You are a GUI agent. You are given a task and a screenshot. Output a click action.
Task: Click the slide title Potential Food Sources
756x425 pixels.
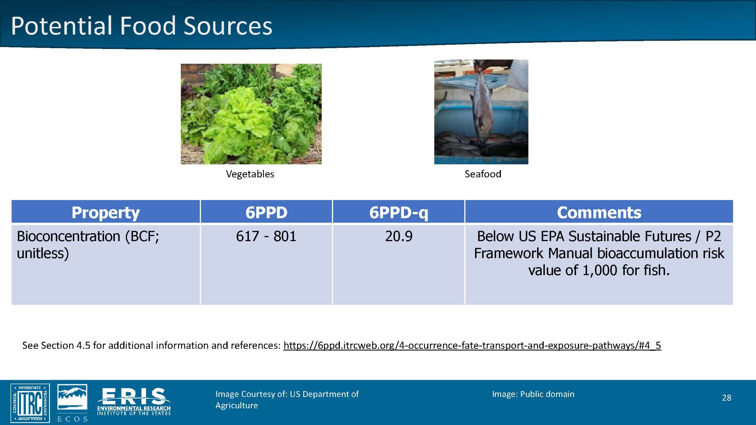tap(141, 26)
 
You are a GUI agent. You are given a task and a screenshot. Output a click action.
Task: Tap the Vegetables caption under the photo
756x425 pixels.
tap(250, 174)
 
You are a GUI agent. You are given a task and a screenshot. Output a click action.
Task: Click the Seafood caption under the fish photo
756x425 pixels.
tap(483, 174)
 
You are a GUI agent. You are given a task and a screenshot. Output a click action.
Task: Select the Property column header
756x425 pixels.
tap(105, 212)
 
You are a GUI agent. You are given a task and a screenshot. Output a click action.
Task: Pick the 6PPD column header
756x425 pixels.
tap(266, 212)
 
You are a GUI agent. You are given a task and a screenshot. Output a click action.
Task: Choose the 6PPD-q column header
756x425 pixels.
tap(399, 212)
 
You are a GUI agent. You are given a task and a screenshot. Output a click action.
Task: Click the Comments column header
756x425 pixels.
tap(599, 212)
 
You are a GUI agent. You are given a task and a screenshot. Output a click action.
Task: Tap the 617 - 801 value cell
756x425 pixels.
tap(266, 236)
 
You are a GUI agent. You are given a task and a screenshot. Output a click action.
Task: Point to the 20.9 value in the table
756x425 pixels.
tap(399, 236)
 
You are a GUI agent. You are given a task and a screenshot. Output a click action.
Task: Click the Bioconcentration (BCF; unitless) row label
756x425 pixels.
tap(88, 245)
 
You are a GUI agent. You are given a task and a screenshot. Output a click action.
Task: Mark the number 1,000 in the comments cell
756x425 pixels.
tap(600, 270)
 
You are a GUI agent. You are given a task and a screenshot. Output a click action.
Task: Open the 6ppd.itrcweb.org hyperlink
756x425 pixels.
tap(472, 345)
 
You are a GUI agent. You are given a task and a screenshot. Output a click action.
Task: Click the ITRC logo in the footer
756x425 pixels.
tap(30, 403)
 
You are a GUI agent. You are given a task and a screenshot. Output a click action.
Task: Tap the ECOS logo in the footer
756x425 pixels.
tap(72, 403)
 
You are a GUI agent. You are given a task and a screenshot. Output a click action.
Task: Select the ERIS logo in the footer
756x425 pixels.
tap(134, 402)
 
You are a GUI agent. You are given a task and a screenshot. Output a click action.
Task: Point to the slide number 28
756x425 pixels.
tap(727, 398)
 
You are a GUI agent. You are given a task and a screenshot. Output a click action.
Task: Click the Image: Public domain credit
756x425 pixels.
tap(533, 394)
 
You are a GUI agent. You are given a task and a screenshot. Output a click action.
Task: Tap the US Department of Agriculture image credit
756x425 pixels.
tap(287, 400)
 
